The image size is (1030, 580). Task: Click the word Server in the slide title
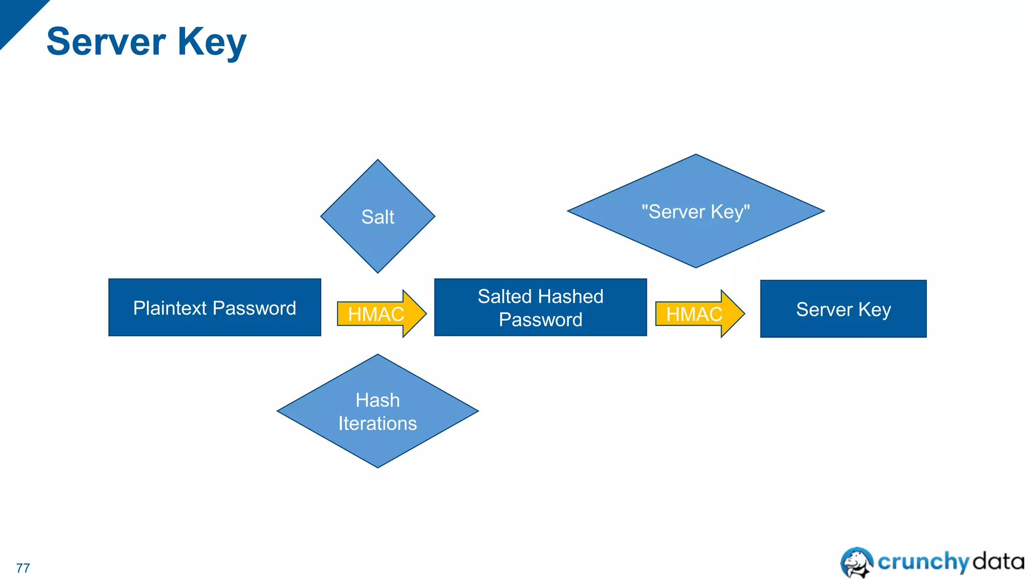(106, 41)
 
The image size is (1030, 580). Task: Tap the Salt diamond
(378, 216)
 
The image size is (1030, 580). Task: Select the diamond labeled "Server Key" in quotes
(696, 211)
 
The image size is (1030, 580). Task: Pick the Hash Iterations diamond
(378, 411)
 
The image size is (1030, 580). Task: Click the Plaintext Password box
(215, 308)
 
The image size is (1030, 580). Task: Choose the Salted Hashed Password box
(541, 308)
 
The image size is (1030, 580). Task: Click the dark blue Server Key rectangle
(843, 309)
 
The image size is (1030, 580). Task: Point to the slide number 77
(23, 568)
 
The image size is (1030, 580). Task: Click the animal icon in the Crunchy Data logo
(856, 562)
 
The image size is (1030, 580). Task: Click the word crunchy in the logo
(923, 562)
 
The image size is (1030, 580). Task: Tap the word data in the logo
(998, 561)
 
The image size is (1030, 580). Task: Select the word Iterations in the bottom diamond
(378, 423)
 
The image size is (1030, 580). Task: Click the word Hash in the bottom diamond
(378, 400)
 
